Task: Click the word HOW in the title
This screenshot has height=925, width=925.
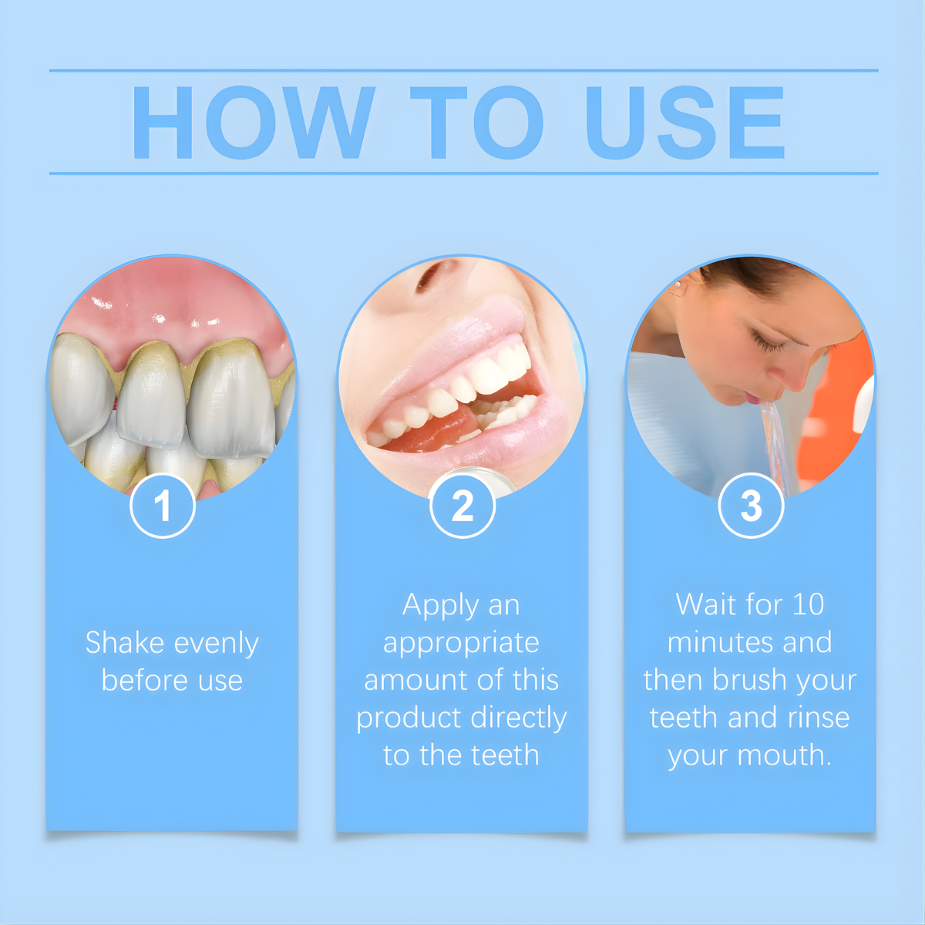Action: coord(253,123)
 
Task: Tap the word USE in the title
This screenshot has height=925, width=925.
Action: coord(685,123)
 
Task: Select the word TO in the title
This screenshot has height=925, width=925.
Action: coord(476,123)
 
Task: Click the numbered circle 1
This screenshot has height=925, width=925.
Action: coord(163,506)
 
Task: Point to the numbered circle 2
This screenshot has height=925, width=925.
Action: coord(462,506)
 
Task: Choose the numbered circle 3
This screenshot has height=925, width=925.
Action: coord(752,506)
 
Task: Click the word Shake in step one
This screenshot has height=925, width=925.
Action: coord(125,642)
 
